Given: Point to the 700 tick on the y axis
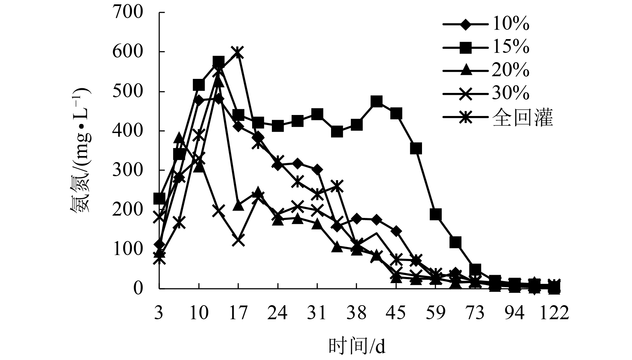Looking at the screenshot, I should (x=129, y=12).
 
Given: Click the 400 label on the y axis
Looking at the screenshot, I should (x=129, y=131).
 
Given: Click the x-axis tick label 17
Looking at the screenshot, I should (x=238, y=314).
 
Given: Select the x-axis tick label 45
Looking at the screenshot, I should (x=396, y=314).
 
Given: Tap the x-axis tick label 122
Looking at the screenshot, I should (x=554, y=314).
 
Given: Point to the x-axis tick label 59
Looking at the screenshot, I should (x=436, y=314).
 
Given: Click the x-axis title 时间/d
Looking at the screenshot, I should (x=357, y=347).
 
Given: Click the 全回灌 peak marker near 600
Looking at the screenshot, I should (x=238, y=52).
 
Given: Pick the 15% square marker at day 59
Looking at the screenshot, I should (x=436, y=214).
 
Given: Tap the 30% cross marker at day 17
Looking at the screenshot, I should (x=238, y=240).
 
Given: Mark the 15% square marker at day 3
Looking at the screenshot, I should (x=159, y=199).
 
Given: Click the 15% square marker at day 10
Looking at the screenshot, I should (x=199, y=85).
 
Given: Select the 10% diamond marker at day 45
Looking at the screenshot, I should (x=396, y=231).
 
